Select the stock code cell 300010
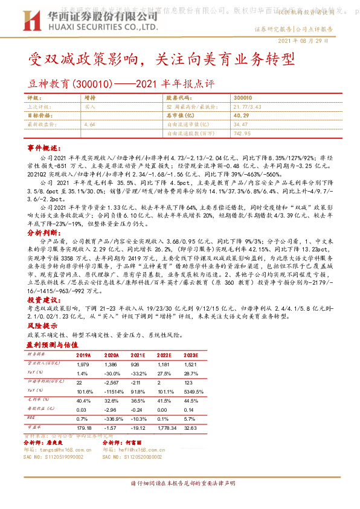(x=242, y=97)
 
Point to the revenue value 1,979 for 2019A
(x=83, y=365)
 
